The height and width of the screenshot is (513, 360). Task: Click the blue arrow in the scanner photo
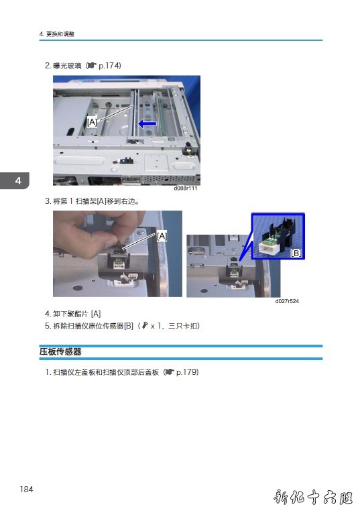[x=147, y=123]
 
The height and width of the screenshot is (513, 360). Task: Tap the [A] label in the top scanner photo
[x=93, y=122]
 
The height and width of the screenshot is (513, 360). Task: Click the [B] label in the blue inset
[x=296, y=253]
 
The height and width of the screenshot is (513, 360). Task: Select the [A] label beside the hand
[x=162, y=236]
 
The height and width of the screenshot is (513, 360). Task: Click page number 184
[x=27, y=489]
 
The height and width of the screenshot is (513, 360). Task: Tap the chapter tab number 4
[x=18, y=180]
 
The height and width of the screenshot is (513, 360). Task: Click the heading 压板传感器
[x=60, y=351]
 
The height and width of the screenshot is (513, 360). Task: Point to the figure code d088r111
[x=186, y=188]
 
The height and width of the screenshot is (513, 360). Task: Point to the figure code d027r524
[x=287, y=301]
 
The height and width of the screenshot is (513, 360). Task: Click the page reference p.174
[x=109, y=66]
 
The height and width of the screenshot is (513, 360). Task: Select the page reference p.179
[x=186, y=372]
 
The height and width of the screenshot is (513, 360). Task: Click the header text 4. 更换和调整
[x=57, y=34]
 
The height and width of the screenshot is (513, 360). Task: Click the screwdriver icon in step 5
[x=145, y=325]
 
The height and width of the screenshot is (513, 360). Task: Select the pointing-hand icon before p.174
[x=93, y=66]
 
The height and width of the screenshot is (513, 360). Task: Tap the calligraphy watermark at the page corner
[x=313, y=498]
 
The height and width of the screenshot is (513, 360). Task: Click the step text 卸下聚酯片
[x=70, y=314]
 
